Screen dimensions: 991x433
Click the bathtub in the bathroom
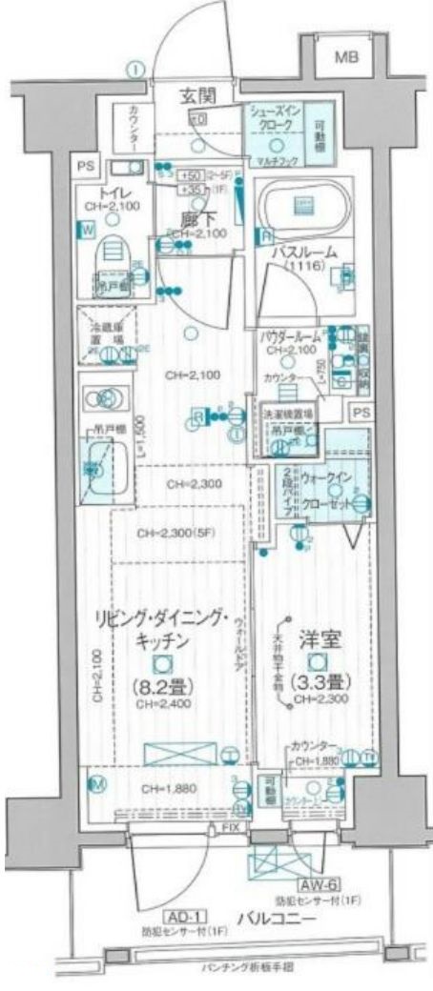point(305,204)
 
